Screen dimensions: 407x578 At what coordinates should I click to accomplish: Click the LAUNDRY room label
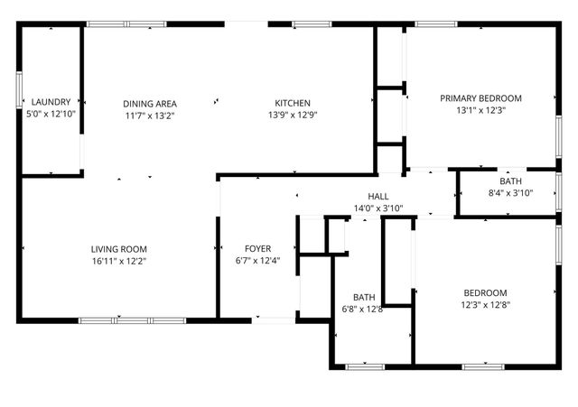coord(51,102)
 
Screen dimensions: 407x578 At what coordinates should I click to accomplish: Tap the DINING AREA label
coord(150,102)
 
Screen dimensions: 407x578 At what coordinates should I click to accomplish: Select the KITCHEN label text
coord(293,102)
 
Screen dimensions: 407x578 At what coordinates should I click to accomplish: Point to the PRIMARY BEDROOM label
coord(480,97)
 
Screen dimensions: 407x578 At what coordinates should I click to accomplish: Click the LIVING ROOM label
coord(118,249)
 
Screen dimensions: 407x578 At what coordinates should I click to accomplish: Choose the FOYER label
coord(258,249)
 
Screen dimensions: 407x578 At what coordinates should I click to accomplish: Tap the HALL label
coord(378,196)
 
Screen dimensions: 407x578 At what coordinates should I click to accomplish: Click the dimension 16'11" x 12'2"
coord(118,261)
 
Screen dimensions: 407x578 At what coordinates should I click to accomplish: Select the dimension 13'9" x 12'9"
coord(293,115)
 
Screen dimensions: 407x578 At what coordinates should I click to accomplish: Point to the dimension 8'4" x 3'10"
coord(511,192)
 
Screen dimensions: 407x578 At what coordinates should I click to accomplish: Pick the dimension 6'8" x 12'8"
coord(364,310)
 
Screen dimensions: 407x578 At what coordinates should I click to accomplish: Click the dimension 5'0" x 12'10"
coord(51,115)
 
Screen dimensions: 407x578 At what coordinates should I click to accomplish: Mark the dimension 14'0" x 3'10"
coord(378,208)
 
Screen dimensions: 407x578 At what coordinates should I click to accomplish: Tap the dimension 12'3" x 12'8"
coord(485,305)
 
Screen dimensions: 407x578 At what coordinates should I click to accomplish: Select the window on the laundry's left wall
coord(20,91)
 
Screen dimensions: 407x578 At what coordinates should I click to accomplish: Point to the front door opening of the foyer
coord(273,319)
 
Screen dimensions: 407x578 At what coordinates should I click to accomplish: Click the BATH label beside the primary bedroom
coord(511,180)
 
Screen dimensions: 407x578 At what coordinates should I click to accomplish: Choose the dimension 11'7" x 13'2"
coord(150,115)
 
